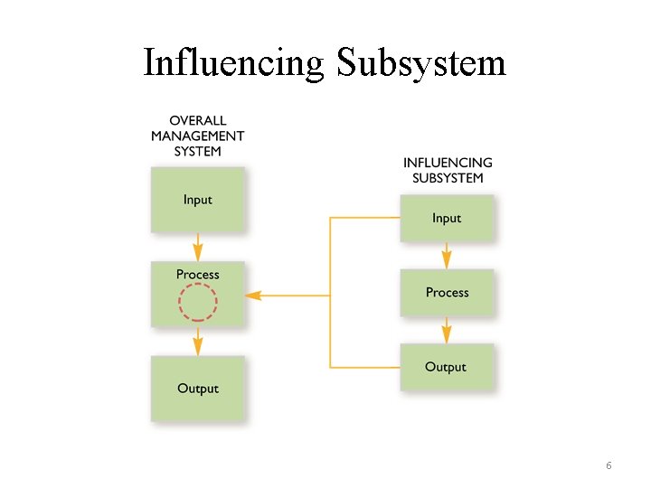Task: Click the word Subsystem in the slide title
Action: [x=421, y=64]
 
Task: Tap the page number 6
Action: [x=609, y=465]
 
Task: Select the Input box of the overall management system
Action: [x=197, y=200]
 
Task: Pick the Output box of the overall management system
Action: [x=197, y=388]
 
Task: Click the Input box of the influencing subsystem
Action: [x=447, y=218]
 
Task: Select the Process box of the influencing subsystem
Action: [x=447, y=292]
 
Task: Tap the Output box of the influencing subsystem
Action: [x=446, y=367]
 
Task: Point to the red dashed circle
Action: [x=197, y=302]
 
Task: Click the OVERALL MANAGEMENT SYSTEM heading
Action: [x=197, y=136]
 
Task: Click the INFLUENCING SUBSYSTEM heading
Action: [x=448, y=170]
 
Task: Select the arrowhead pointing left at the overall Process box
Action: [x=253, y=295]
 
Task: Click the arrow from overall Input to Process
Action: [x=198, y=247]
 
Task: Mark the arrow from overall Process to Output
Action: [x=198, y=342]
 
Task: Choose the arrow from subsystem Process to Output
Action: [x=447, y=330]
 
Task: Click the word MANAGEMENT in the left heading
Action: [x=197, y=136]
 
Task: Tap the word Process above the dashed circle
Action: [x=197, y=274]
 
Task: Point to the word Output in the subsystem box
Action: [x=446, y=367]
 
